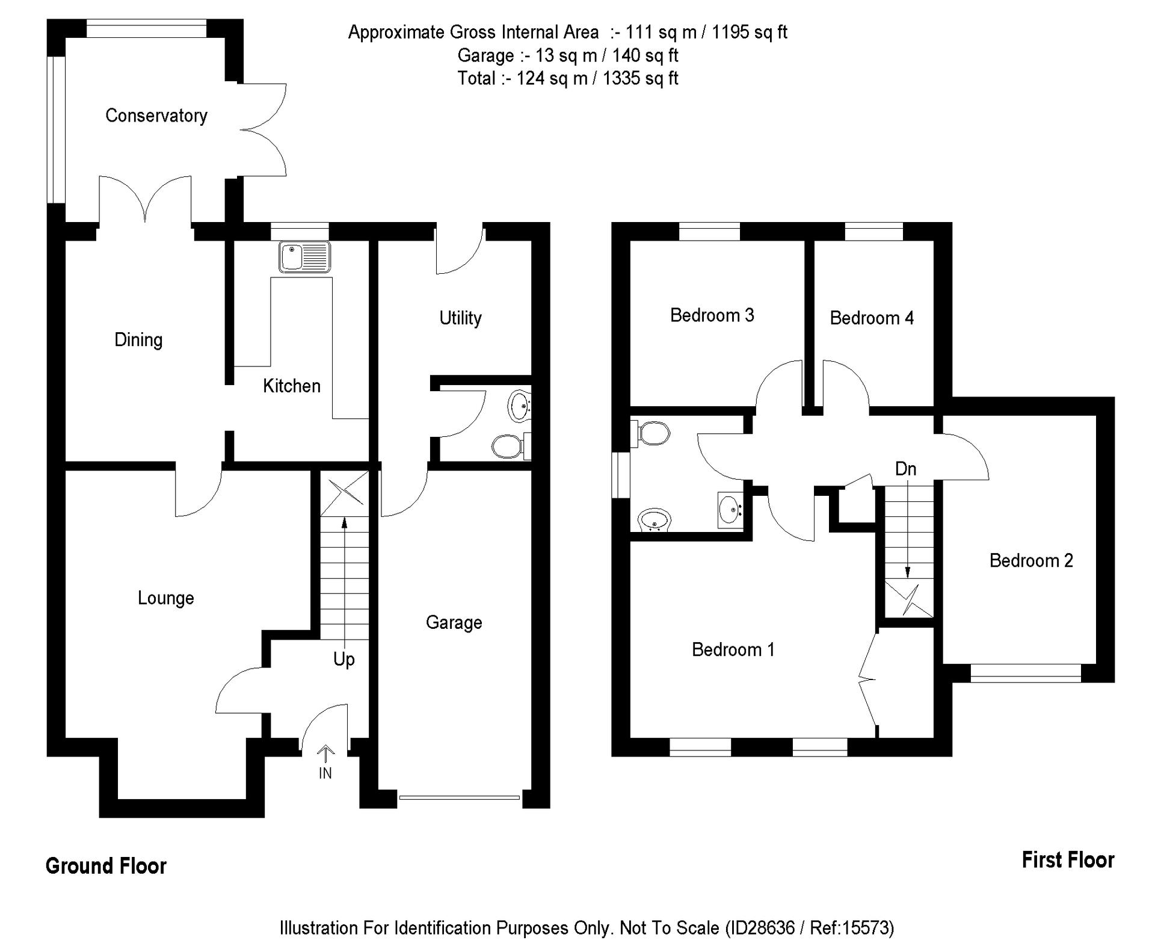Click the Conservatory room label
click(x=156, y=115)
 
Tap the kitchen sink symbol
click(x=304, y=256)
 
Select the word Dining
click(x=138, y=340)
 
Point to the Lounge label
click(x=165, y=598)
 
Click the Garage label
click(x=454, y=622)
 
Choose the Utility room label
click(x=460, y=318)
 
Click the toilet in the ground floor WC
click(x=507, y=446)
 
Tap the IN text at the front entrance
click(x=325, y=773)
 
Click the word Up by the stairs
click(x=343, y=660)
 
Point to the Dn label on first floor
click(x=905, y=469)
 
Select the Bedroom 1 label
click(x=733, y=650)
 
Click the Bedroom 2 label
click(x=1030, y=561)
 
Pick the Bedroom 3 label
click(x=712, y=315)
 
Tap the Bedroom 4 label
click(x=871, y=318)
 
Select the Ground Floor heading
click(x=106, y=866)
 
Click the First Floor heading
click(x=1067, y=860)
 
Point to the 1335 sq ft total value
click(x=640, y=78)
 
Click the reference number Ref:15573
click(x=851, y=927)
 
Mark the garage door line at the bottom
click(x=459, y=798)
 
